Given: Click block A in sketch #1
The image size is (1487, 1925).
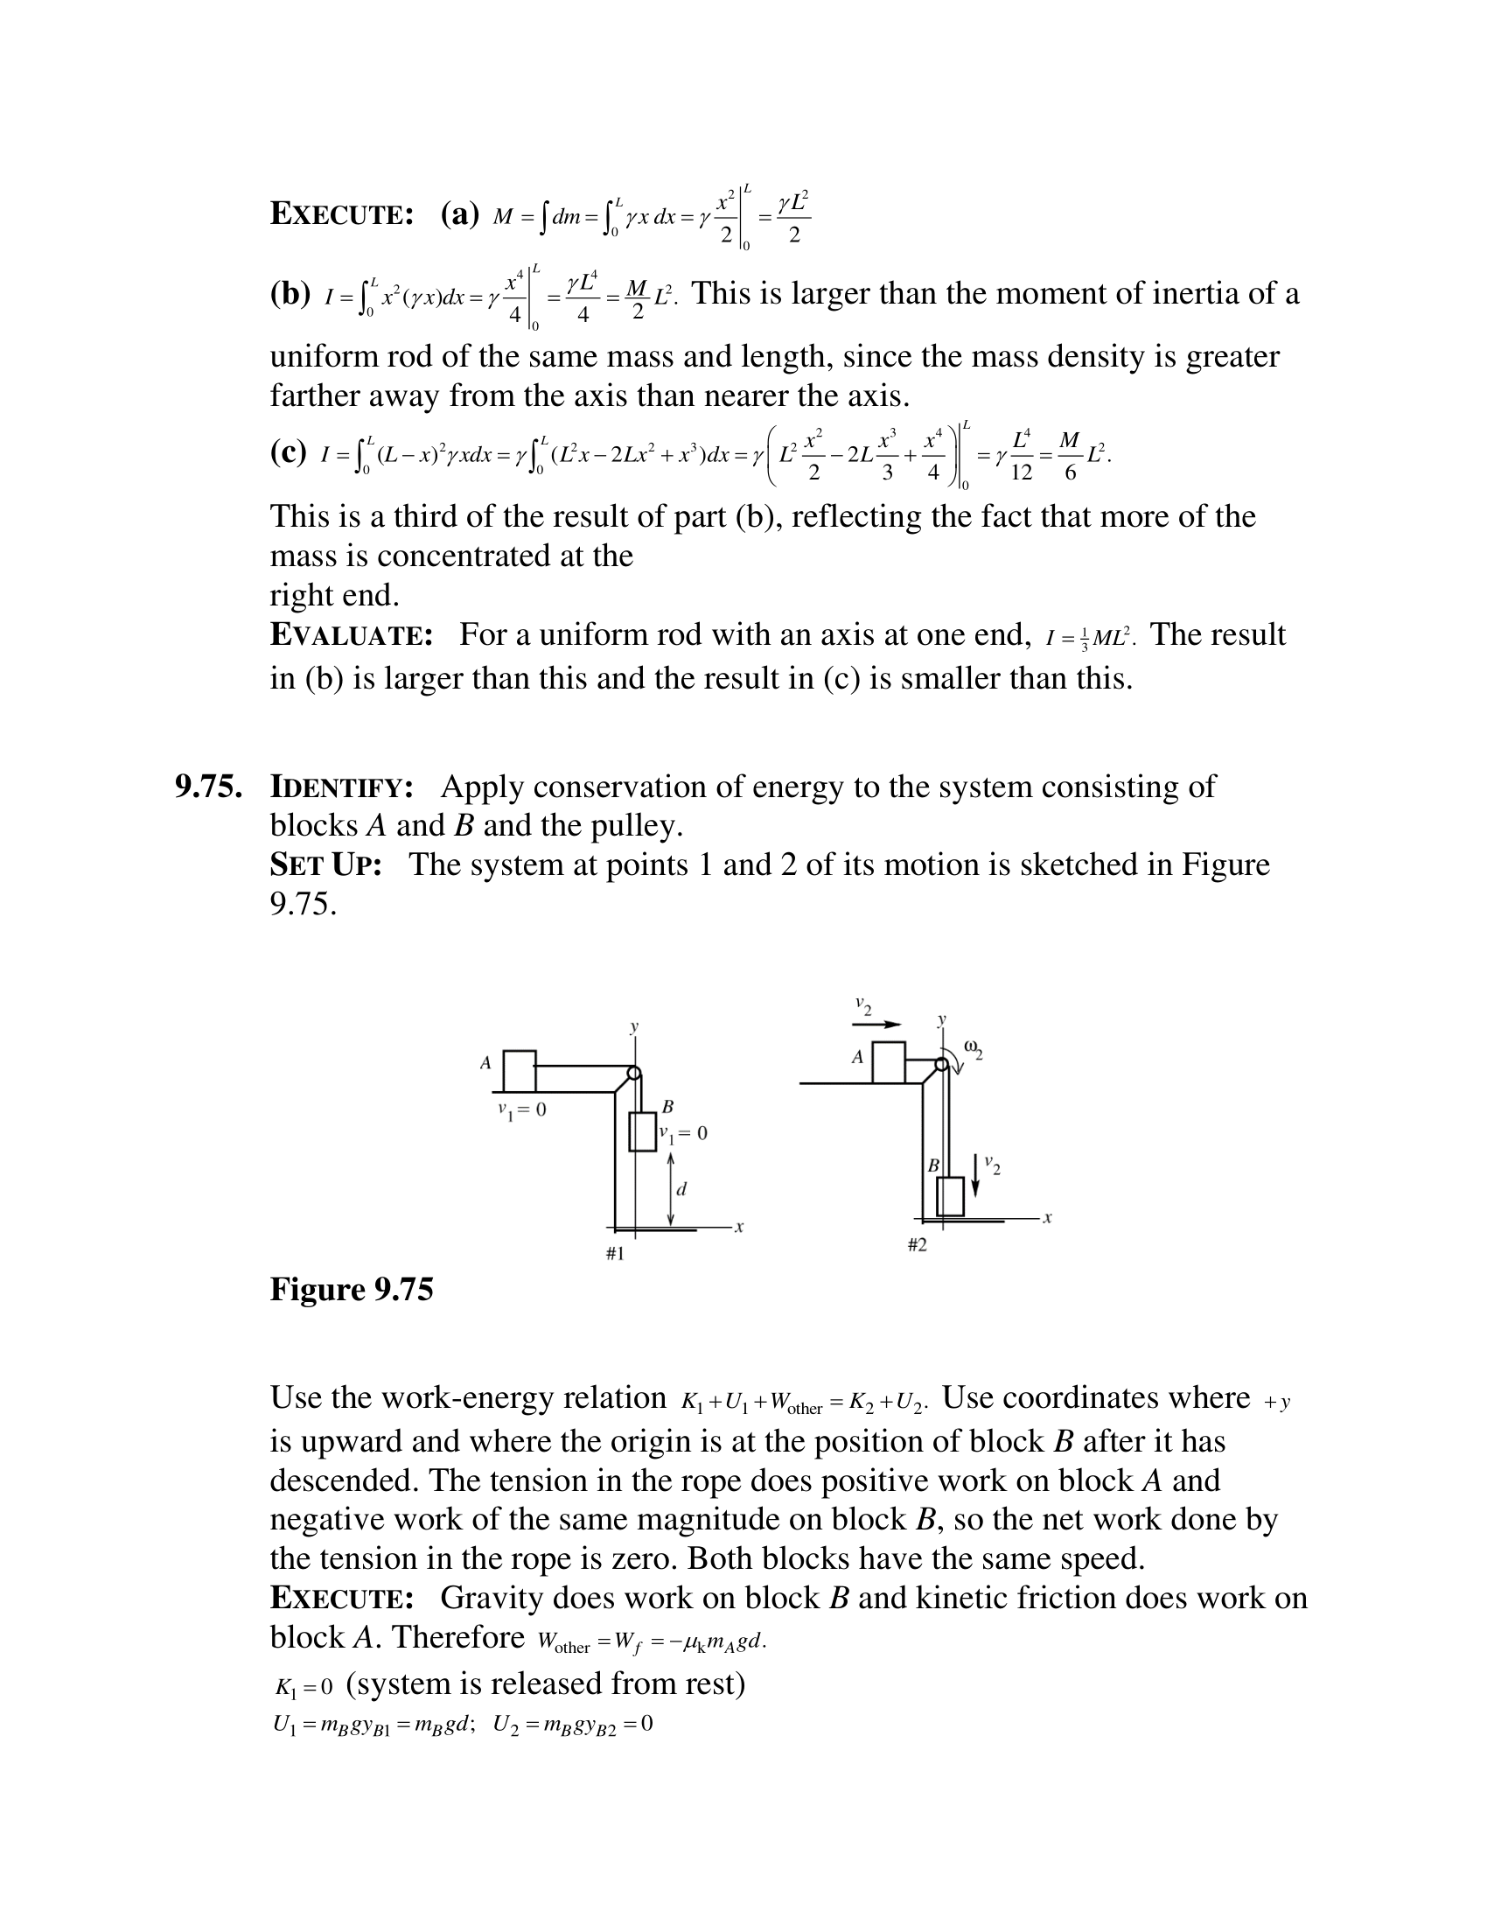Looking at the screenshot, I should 519,1070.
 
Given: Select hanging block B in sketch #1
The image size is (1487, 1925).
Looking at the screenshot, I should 642,1131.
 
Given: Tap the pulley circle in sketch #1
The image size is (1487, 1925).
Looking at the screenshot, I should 633,1073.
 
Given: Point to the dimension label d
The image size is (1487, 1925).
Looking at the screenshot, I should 681,1189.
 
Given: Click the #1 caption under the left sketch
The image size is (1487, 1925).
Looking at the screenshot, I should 615,1253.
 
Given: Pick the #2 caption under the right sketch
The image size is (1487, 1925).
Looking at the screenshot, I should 916,1244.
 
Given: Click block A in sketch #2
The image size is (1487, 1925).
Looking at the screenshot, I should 888,1062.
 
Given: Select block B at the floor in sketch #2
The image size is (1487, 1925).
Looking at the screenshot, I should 950,1196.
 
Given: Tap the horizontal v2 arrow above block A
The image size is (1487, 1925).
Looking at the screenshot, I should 876,1025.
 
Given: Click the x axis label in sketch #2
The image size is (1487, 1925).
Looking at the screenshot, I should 1046,1218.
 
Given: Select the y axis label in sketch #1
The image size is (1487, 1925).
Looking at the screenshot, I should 634,1027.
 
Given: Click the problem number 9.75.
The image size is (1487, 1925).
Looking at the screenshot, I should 208,787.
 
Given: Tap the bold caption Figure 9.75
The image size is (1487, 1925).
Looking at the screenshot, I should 352,1290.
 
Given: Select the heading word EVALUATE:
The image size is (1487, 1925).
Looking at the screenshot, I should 351,634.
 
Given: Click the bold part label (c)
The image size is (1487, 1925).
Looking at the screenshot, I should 288,452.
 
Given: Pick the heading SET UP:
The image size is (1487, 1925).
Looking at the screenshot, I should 326,864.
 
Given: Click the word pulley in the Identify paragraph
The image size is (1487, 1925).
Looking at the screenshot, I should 646,825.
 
